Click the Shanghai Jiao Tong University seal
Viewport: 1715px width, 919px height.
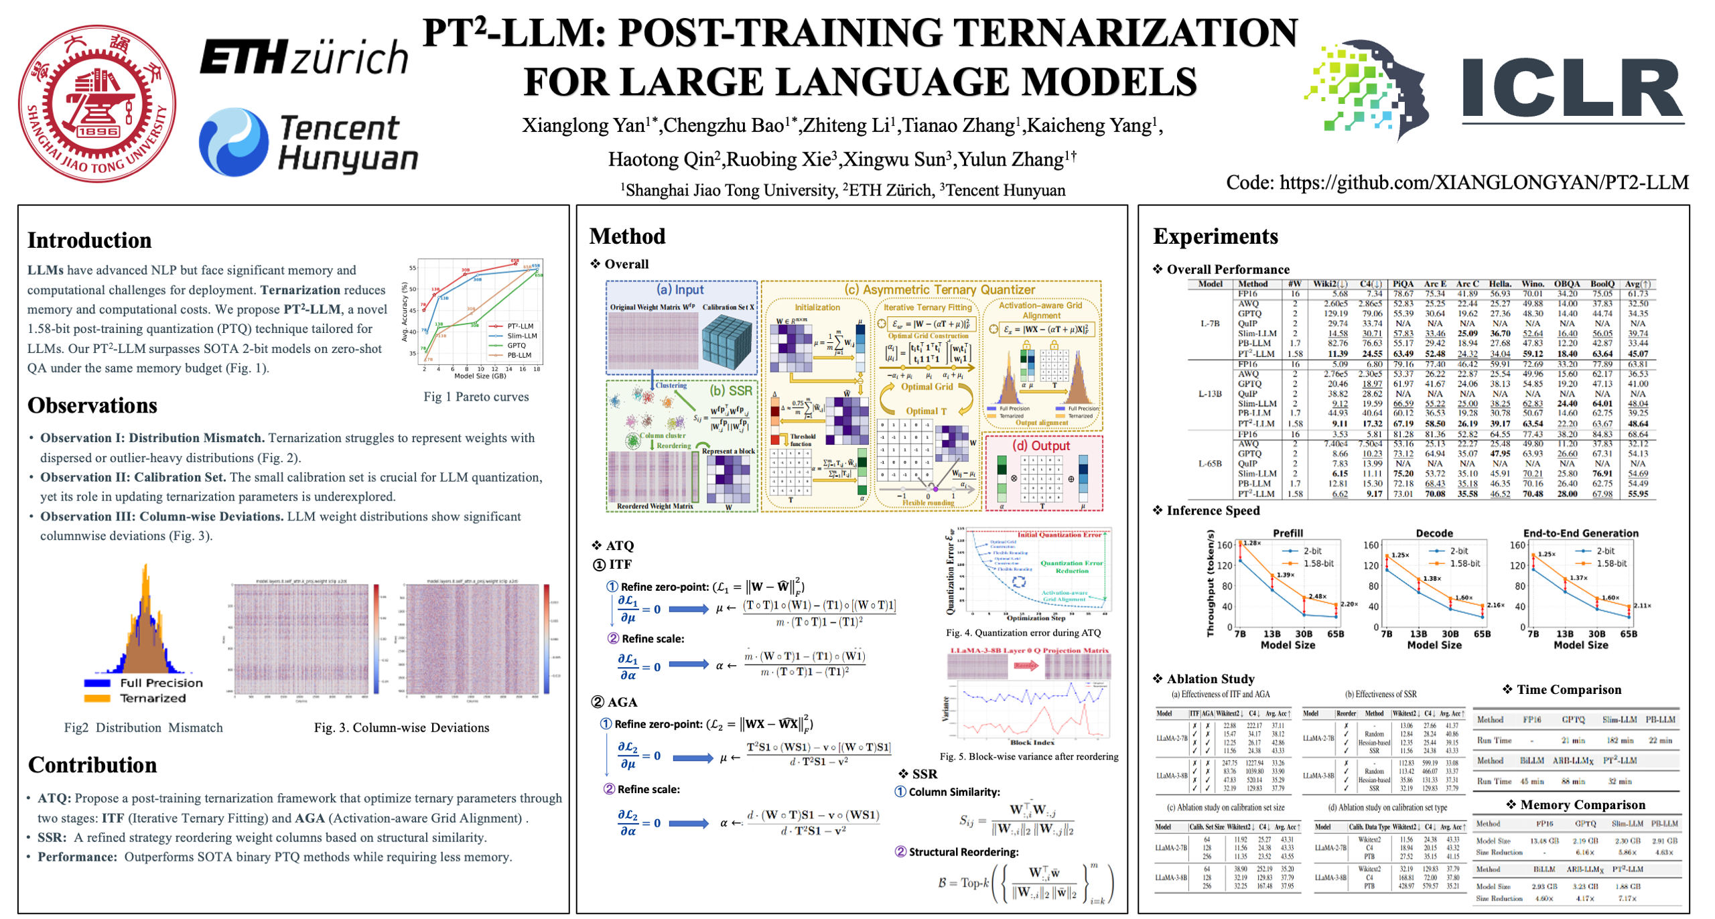click(97, 104)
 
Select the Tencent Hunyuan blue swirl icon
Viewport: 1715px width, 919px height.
click(234, 142)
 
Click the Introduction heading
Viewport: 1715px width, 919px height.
click(90, 240)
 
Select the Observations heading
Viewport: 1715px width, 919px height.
click(92, 405)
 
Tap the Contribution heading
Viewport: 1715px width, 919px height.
click(92, 765)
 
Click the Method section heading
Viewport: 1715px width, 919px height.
click(627, 236)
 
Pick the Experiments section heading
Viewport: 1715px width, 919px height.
click(1215, 236)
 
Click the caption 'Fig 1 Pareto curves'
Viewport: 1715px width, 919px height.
click(476, 397)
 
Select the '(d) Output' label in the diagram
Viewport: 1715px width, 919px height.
click(1040, 446)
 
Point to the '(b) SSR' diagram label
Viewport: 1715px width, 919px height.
click(730, 391)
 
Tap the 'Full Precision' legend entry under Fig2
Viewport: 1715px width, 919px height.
click(161, 683)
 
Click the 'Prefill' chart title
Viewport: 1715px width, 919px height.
click(1288, 533)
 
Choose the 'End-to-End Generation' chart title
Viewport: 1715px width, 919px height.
click(1580, 533)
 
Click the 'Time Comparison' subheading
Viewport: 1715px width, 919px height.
click(1568, 690)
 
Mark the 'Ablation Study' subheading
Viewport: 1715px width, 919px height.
click(1210, 679)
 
